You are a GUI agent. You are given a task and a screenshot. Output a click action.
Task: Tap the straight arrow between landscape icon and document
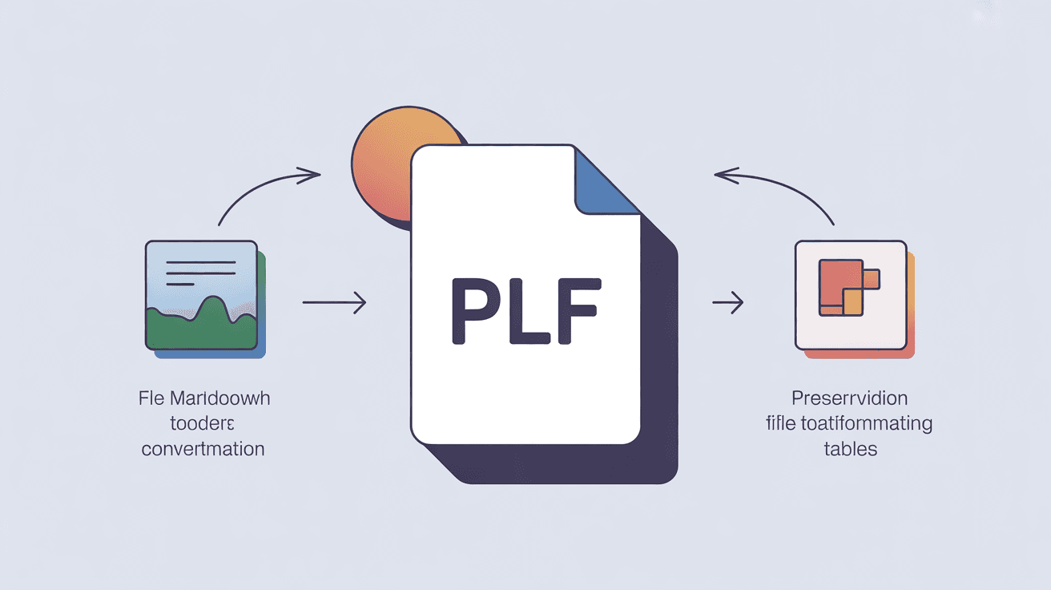(x=334, y=302)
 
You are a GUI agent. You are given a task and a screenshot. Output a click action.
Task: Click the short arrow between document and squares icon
(x=727, y=302)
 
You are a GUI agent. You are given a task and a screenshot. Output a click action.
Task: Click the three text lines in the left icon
(x=200, y=273)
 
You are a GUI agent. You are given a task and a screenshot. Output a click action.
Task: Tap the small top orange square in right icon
(x=871, y=279)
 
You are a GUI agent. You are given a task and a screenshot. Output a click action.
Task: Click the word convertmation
(x=203, y=449)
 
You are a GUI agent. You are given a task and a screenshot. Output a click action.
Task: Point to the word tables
(x=850, y=449)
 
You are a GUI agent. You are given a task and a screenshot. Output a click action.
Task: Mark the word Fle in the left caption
(x=151, y=398)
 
